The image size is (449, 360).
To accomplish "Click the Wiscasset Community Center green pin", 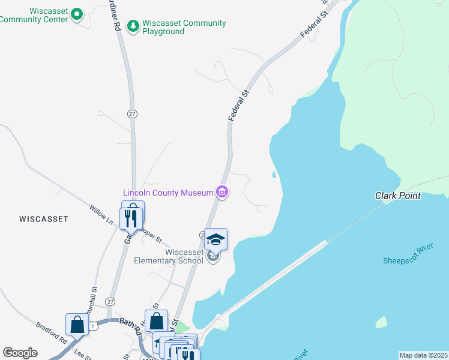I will [76, 14].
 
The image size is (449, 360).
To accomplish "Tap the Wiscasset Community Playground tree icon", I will [133, 26].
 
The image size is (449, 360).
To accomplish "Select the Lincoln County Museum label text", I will [168, 193].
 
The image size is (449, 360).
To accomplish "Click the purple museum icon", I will [222, 193].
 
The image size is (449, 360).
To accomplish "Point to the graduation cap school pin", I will [215, 240].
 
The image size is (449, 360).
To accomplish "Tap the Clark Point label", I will [397, 196].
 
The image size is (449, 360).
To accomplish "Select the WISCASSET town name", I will [43, 219].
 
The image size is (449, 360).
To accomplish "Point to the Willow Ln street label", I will [101, 214].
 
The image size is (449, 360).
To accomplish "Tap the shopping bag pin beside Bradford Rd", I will [77, 325].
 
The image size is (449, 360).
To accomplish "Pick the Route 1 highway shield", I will [94, 325].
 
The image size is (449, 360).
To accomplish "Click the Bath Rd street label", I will [130, 326].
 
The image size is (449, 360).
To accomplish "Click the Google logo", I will [20, 353].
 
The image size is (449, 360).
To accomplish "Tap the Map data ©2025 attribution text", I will [423, 355].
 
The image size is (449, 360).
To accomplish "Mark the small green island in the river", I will [381, 322].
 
